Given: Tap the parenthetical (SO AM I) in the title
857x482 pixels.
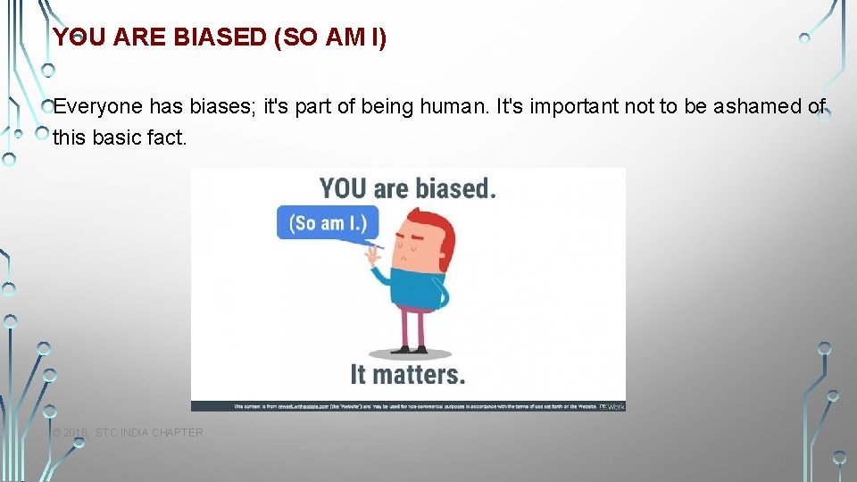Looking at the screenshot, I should click(x=330, y=37).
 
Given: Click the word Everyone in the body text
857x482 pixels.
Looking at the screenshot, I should click(x=97, y=106).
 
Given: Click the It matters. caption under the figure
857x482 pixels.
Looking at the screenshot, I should click(x=407, y=373).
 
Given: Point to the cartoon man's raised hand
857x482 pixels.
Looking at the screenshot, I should click(x=370, y=259).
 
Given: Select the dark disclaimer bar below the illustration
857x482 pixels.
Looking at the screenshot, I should click(x=408, y=405).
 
